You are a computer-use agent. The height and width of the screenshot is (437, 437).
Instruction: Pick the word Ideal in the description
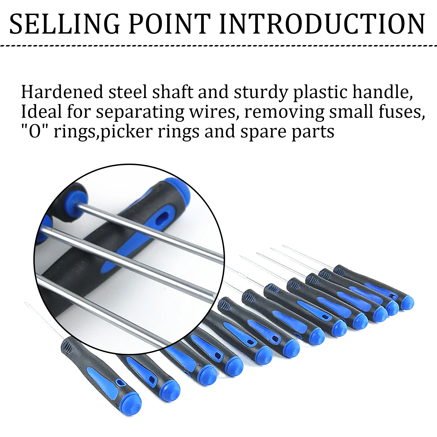click(x=42, y=112)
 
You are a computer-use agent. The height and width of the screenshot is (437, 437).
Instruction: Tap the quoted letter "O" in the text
click(x=35, y=132)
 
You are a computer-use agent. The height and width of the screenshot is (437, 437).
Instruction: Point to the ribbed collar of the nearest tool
click(x=67, y=347)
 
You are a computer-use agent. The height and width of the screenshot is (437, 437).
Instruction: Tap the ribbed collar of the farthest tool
click(x=339, y=271)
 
